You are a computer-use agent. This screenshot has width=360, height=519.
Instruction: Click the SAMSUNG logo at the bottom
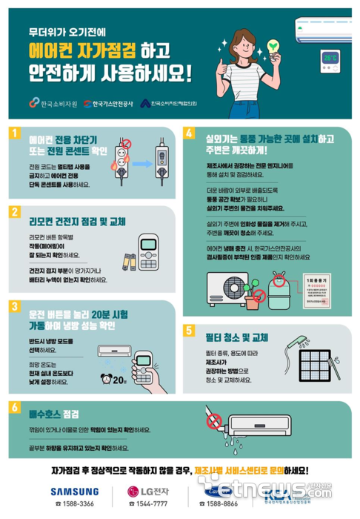pyautogui.click(x=73, y=490)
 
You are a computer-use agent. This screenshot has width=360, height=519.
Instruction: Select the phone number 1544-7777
pyautogui.click(x=153, y=504)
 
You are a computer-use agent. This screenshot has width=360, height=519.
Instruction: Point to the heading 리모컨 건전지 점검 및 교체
pyautogui.click(x=67, y=222)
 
